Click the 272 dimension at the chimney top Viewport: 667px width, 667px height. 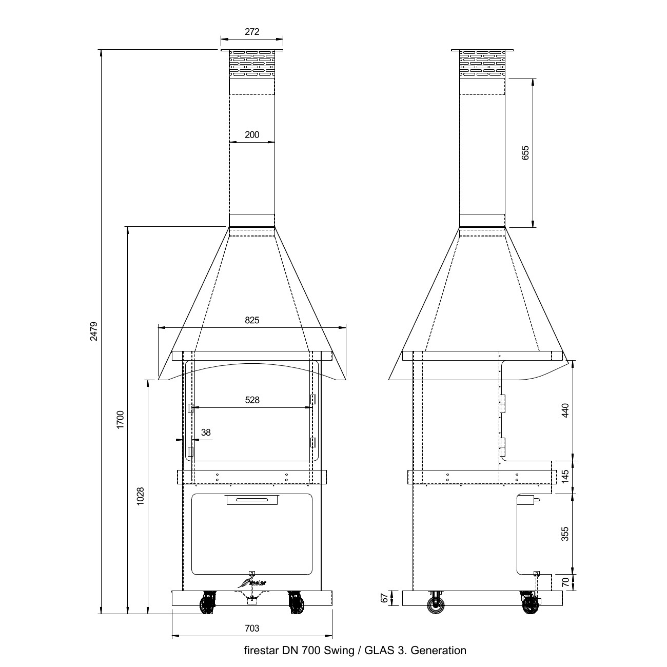(x=252, y=32)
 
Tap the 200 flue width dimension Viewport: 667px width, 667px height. (x=252, y=135)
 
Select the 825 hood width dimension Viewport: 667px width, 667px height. (x=252, y=321)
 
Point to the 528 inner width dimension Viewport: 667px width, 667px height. (x=252, y=400)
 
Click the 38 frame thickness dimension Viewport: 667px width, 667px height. (x=206, y=433)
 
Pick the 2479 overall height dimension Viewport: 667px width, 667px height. (x=94, y=331)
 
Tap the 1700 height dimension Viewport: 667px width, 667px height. (x=120, y=420)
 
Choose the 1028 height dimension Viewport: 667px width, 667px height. (x=140, y=496)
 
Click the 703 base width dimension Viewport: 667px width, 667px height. (x=252, y=628)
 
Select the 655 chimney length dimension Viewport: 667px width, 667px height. (x=525, y=153)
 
